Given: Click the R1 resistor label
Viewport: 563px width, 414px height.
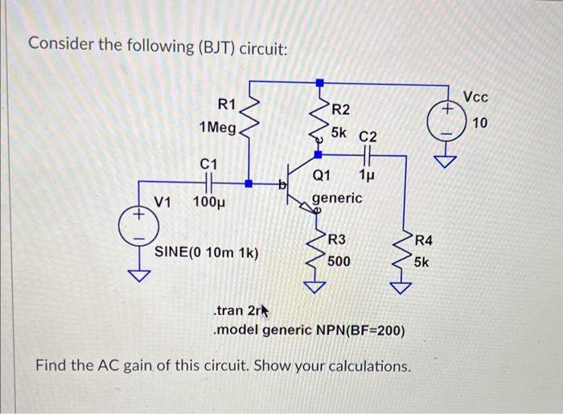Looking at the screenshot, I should [x=227, y=104].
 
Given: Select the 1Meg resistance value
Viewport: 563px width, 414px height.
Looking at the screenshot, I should [x=217, y=128].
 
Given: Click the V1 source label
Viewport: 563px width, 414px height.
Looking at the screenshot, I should [x=163, y=201].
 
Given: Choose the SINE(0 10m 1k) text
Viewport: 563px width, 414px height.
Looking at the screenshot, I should [x=206, y=252].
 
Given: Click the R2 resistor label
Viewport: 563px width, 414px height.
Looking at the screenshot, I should [x=341, y=109].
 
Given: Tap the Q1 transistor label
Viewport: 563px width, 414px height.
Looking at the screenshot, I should [x=322, y=174].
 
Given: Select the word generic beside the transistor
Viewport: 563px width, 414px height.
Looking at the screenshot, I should [x=337, y=197].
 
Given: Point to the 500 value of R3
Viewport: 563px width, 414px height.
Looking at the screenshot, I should [x=339, y=261].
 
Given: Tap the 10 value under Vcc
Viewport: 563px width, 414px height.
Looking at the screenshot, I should [x=480, y=122].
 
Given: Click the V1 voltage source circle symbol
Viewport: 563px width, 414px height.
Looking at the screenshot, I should [x=138, y=228].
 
